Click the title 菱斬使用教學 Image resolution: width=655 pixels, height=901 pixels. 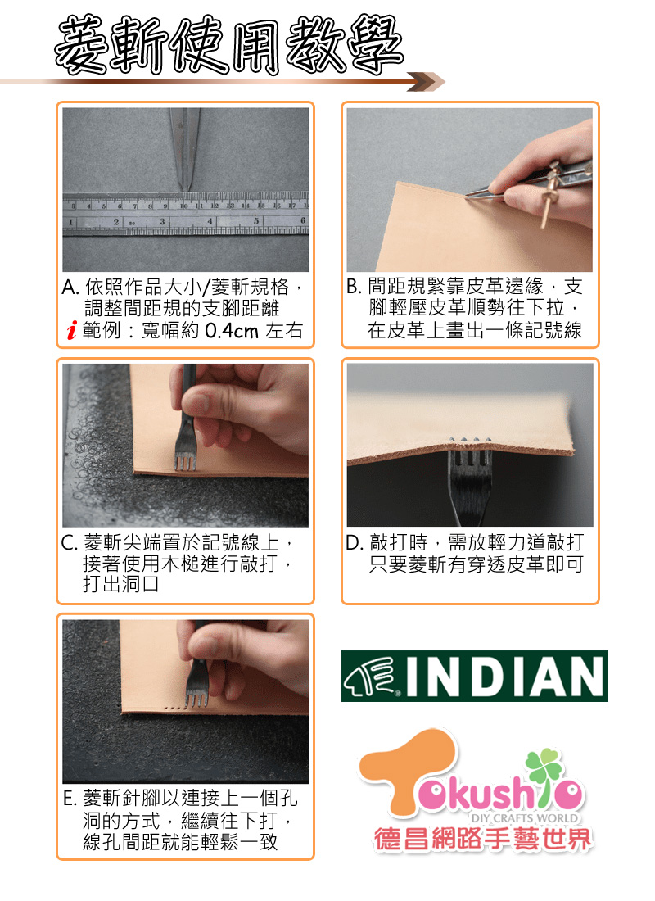click(228, 45)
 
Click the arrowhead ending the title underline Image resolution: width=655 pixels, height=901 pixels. click(426, 82)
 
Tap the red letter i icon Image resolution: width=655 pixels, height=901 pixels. click(71, 331)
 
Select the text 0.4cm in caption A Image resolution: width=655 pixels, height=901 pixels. click(232, 330)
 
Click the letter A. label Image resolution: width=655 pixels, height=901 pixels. click(70, 286)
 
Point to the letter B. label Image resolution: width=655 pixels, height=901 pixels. click(355, 286)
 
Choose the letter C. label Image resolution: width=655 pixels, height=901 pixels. click(70, 542)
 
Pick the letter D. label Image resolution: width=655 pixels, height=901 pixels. click(355, 542)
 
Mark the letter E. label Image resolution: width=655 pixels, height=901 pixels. click(70, 798)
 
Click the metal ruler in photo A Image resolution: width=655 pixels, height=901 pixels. click(186, 214)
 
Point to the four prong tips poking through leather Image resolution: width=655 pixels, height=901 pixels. click(471, 440)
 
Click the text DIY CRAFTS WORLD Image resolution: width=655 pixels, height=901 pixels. click(525, 817)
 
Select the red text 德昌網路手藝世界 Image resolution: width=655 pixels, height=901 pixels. click(482, 840)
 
